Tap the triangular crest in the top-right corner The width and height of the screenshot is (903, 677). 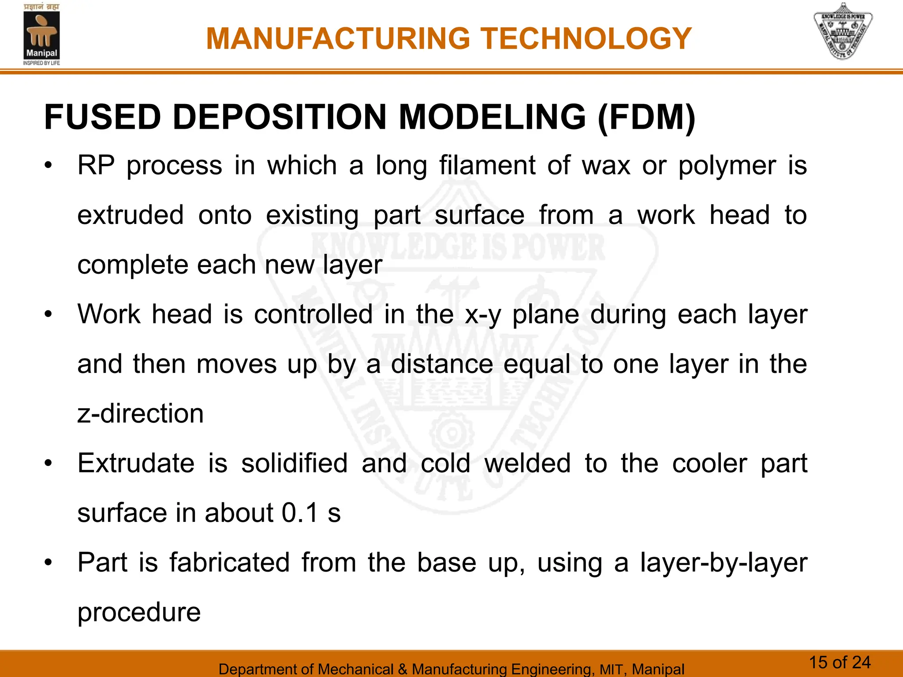coord(843,32)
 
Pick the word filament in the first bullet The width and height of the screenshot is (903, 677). coord(487,166)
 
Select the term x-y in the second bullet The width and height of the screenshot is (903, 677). coord(483,316)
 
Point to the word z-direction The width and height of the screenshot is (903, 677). coord(140,414)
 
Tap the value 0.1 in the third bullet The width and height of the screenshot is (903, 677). coord(300,513)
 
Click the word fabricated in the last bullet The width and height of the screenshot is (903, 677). coord(229,563)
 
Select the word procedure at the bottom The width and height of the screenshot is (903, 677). coord(139,613)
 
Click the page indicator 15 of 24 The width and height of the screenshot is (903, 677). coord(840,662)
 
